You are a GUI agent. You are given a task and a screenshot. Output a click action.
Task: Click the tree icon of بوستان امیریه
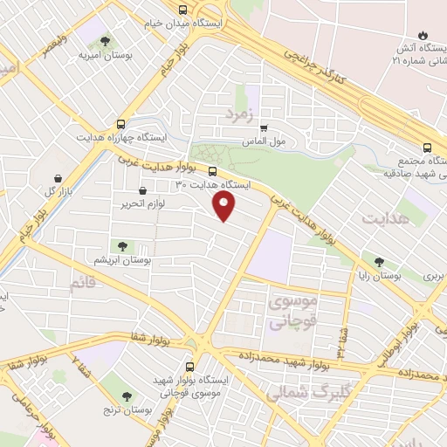coord(106,41)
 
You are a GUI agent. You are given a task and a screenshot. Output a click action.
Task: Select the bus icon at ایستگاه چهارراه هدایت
coord(120,123)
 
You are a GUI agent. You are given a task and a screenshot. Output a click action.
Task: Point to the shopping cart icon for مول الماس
coord(264,127)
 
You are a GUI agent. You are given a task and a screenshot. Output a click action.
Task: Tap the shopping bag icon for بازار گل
coord(58,175)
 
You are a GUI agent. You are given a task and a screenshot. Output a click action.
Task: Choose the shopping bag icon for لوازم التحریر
coord(142,190)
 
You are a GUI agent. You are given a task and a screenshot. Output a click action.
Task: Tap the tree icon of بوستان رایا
coord(378,259)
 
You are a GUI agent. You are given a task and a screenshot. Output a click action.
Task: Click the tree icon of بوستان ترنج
coord(128,396)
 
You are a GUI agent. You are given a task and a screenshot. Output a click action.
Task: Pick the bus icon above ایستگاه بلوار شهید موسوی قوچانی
coord(191,367)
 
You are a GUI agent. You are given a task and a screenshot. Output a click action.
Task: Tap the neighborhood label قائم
coord(79,281)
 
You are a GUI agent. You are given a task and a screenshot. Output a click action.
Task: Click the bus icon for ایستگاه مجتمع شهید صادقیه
coord(427,148)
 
